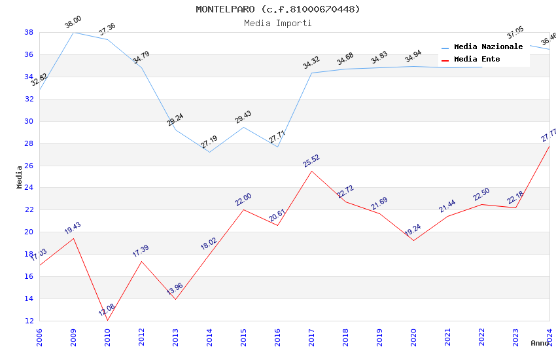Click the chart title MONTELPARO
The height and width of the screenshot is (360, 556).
click(x=277, y=9)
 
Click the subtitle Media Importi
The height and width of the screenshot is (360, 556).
click(x=277, y=23)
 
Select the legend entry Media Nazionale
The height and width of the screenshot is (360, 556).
click(x=488, y=47)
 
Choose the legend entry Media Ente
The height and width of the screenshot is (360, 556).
click(x=477, y=60)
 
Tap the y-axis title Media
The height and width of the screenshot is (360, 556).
click(x=20, y=177)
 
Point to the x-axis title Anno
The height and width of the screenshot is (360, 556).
click(x=540, y=343)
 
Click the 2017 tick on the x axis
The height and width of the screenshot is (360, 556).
click(x=311, y=337)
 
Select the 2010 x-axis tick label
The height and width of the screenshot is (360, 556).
click(x=107, y=337)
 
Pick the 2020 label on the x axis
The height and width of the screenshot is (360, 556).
click(x=413, y=337)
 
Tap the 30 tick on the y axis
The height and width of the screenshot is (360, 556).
click(x=29, y=121)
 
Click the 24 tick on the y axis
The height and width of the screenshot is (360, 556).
click(x=29, y=188)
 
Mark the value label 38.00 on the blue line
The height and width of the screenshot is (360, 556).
click(x=73, y=23)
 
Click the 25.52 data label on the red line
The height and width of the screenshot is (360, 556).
click(x=311, y=161)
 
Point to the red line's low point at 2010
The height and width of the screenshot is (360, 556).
click(x=107, y=320)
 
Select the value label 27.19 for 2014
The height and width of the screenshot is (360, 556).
click(x=209, y=141)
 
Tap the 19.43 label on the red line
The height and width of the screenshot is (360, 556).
click(x=73, y=228)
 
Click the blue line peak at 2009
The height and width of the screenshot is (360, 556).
click(x=73, y=32)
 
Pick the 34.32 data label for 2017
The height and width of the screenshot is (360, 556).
click(x=311, y=63)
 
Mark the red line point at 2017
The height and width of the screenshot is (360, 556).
click(x=311, y=171)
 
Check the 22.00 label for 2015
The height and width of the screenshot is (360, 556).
click(x=243, y=200)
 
